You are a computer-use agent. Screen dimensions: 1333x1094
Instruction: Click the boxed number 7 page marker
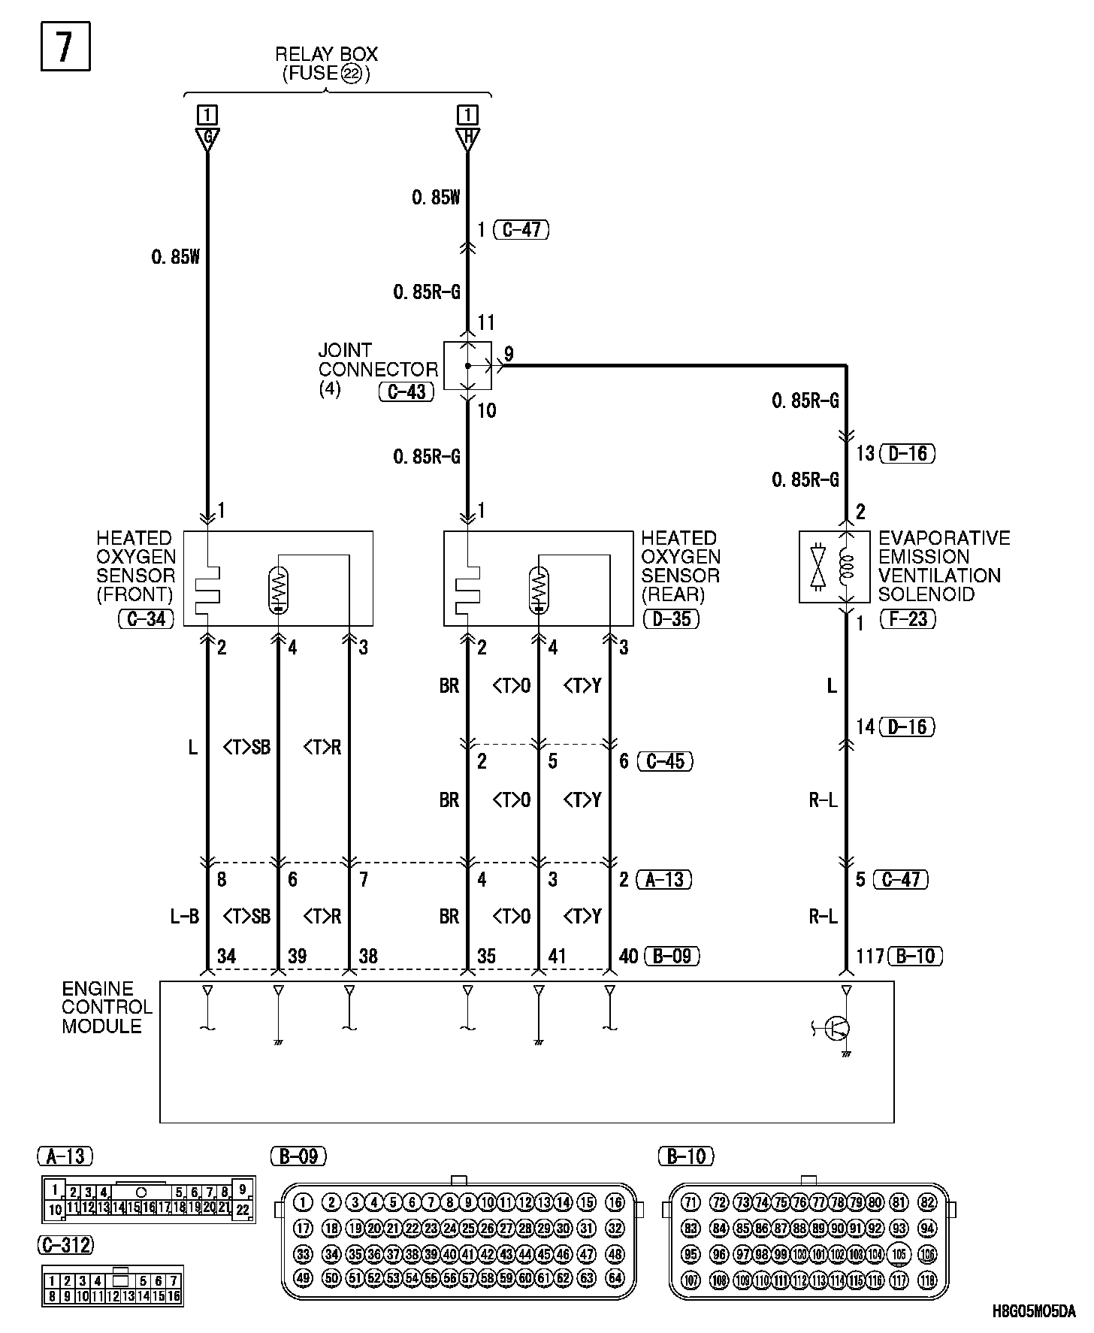pos(65,47)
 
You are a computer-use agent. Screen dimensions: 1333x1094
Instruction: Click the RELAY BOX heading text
pos(326,54)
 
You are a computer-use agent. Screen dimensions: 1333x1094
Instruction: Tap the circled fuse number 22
pos(350,74)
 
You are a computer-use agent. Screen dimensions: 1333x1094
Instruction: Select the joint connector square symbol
pos(467,366)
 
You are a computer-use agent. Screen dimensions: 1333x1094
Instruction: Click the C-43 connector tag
pos(406,391)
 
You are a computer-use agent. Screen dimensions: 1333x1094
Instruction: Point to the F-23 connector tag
pos(908,619)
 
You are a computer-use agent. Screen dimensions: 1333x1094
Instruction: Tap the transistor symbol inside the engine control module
pos(836,1028)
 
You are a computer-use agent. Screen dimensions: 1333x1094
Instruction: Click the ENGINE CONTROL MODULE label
pos(107,1007)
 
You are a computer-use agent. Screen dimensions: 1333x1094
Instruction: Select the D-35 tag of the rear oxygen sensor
pos(672,618)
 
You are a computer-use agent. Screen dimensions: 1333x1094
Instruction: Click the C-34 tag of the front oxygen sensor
pos(146,618)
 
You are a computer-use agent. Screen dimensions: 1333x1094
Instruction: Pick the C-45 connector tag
pos(665,760)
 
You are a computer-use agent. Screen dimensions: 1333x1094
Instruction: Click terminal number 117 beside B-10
pos(870,956)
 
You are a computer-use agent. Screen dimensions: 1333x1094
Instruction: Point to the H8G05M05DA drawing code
pos(1034,1311)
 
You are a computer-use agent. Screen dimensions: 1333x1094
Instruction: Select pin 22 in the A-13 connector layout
pos(242,1210)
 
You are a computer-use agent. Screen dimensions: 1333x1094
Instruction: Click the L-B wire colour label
pos(184,916)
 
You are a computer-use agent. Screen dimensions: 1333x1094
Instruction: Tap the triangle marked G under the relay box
pos(207,138)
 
